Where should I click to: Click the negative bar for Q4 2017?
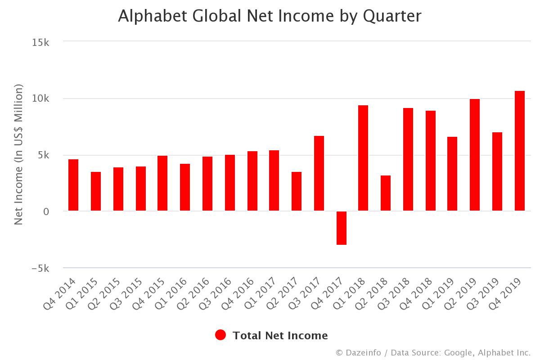pos(342,228)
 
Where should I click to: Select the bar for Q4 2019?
pos(520,151)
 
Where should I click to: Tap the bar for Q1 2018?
pos(363,158)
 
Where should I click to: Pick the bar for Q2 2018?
pos(386,193)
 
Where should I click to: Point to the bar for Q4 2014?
pos(73,185)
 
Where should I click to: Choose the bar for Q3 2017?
pos(319,173)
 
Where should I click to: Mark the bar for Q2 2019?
pos(475,155)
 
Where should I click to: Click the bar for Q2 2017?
pos(297,191)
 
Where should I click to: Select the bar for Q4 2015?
pos(162,183)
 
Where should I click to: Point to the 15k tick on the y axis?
pos(41,42)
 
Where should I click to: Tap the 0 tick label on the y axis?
pos(46,211)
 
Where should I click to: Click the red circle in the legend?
pos(220,335)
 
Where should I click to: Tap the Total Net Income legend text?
pos(280,335)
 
